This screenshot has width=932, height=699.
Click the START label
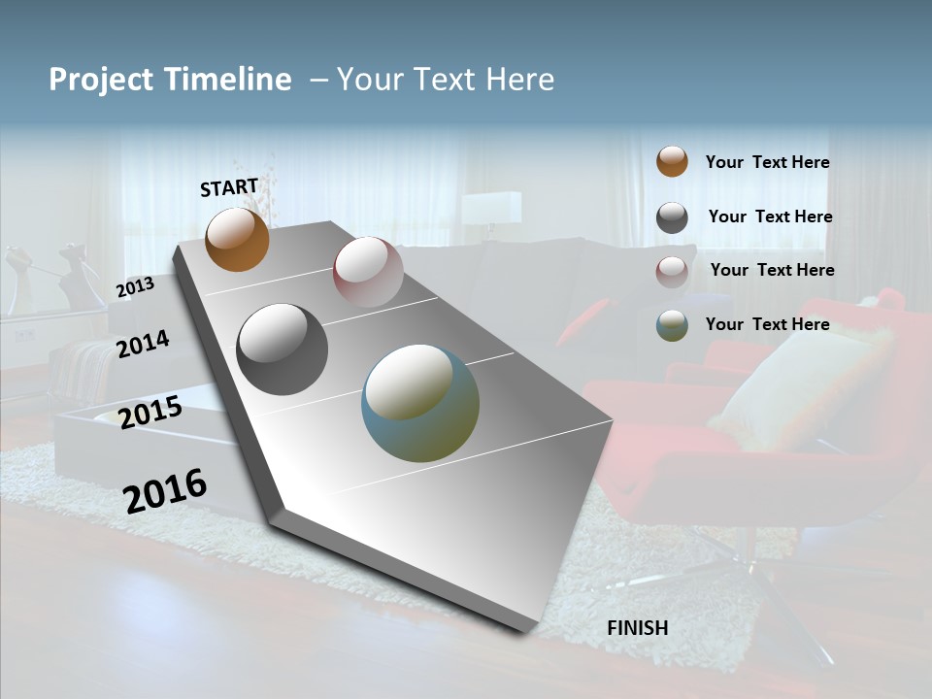click(x=229, y=187)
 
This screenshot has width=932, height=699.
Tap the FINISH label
click(x=637, y=628)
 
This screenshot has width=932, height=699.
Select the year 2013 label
click(x=135, y=287)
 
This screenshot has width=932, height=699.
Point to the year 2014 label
click(x=143, y=344)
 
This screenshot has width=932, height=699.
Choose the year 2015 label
click(x=150, y=413)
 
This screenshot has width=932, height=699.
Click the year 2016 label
click(x=165, y=490)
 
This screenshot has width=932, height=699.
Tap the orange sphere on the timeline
click(x=238, y=239)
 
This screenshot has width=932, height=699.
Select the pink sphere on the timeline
click(x=368, y=272)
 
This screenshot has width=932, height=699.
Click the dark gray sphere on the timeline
click(x=283, y=349)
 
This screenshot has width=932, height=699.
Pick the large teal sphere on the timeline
click(x=420, y=403)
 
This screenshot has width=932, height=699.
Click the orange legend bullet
click(x=672, y=161)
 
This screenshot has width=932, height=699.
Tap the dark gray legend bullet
click(x=672, y=217)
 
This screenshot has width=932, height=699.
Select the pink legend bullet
click(x=672, y=272)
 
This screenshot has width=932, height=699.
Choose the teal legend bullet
click(x=672, y=325)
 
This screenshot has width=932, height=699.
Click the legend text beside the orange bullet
click(x=767, y=163)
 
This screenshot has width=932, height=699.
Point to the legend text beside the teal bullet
click(x=767, y=324)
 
